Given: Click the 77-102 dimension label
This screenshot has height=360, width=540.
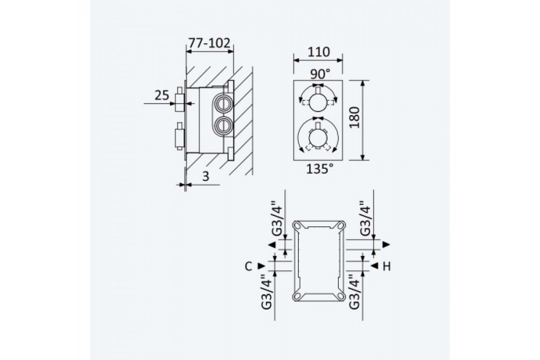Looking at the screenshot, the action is pos(209,43).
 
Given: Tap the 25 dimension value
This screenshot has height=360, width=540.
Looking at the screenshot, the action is pos(162,95).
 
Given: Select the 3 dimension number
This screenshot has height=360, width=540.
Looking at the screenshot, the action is pos(206,176).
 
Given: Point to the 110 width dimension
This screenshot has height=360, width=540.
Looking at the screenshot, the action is pos(319,52).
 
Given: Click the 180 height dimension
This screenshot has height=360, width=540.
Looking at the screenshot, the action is pos(355,117).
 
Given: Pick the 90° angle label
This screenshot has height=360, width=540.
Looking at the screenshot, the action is pos(320,74).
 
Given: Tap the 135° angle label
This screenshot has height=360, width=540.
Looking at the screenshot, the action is pos(319,169).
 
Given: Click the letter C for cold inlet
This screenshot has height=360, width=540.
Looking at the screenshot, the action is pos(248,266).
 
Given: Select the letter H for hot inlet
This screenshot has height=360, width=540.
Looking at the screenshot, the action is pos(387,266).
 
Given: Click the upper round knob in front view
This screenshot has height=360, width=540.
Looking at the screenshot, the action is pos(318,102).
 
